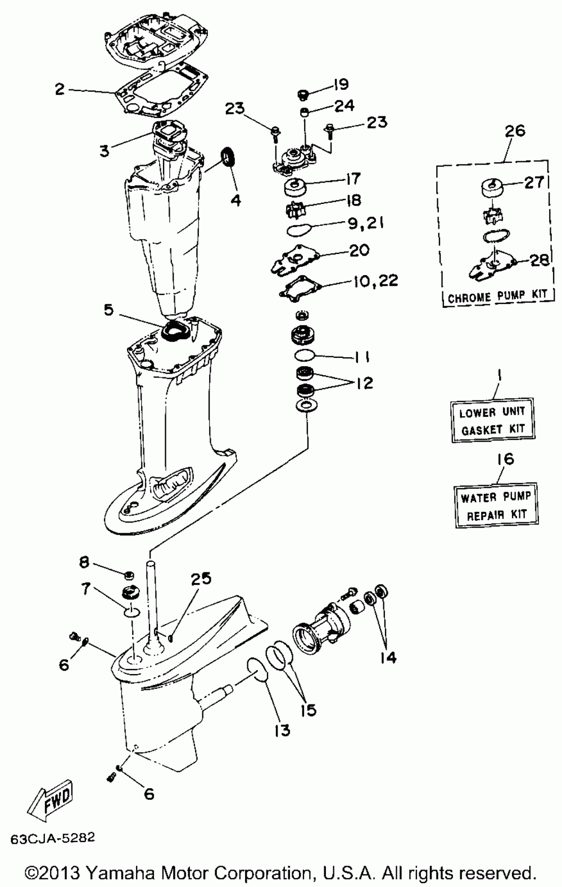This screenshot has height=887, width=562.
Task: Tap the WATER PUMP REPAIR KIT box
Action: pos(495,506)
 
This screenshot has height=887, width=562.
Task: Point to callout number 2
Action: pos(60,89)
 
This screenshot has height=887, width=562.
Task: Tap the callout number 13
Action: pos(282,730)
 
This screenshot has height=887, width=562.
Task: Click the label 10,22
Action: pos(375,280)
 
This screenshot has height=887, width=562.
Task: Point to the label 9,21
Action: pos(365,223)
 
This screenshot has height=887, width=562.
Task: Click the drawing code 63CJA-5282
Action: pos(52,838)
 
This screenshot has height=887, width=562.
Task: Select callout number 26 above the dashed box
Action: pos(515,130)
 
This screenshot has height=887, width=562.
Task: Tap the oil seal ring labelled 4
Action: pos(228,156)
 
